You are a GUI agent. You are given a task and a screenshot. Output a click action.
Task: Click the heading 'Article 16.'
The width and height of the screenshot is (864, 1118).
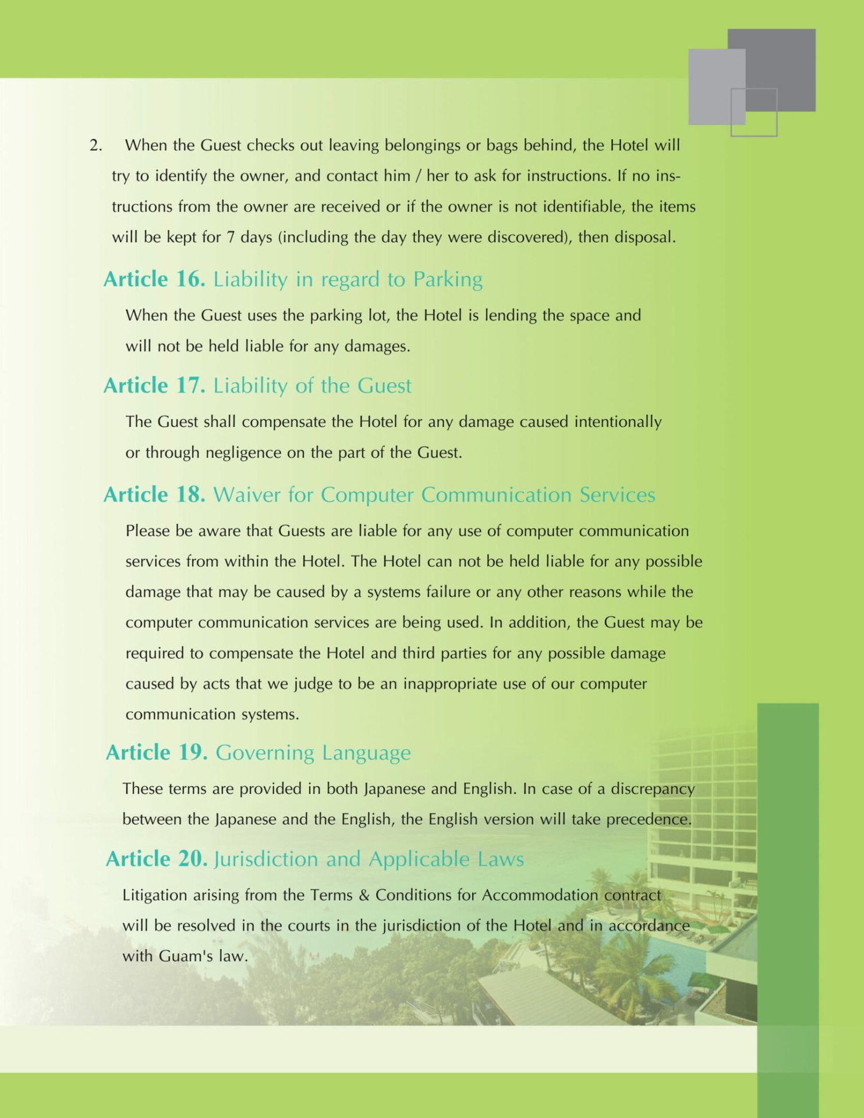pos(154,279)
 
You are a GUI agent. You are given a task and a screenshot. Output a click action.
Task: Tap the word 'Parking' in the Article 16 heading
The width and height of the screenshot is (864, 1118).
pos(448,280)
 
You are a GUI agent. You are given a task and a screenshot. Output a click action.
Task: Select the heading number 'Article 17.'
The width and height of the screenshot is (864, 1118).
pos(154,385)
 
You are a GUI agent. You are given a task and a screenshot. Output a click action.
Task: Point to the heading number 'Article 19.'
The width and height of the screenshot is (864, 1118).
pos(156,752)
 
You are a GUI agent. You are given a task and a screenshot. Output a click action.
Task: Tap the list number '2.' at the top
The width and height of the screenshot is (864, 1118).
pos(95,145)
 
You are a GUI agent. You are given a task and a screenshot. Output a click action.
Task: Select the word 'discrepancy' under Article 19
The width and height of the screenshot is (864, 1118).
pos(653,789)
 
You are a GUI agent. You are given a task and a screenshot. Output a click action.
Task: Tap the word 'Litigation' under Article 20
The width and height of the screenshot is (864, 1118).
pos(150,895)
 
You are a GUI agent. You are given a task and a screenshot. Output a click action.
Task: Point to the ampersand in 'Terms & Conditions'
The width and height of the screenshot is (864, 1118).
pos(364,895)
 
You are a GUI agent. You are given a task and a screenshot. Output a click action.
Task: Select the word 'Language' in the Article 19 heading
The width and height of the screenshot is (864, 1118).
pos(366,753)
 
